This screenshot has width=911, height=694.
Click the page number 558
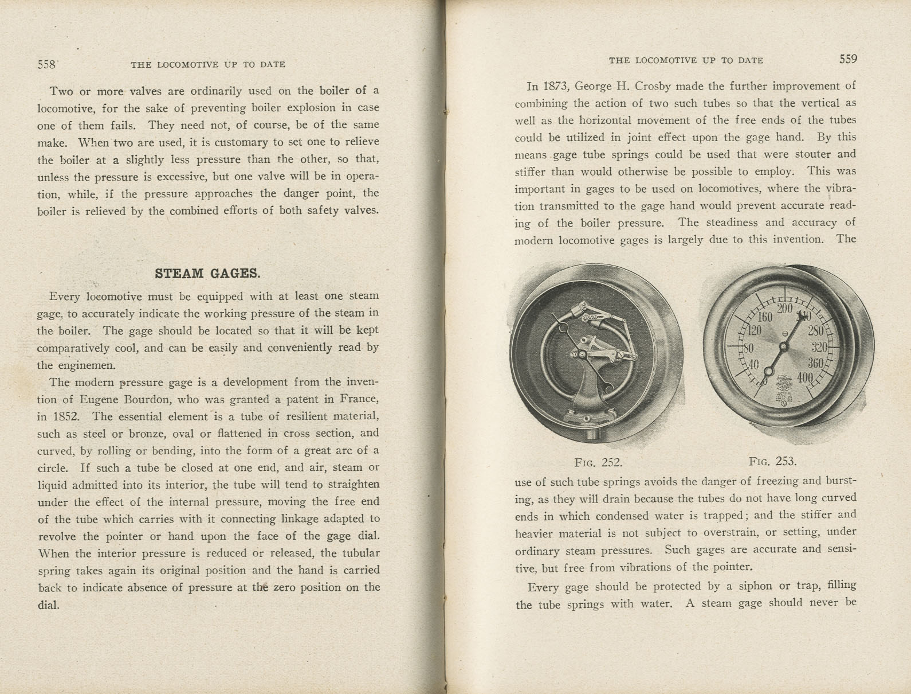46,65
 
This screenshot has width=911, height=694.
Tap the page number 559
848,59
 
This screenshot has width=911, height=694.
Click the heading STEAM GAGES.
207,273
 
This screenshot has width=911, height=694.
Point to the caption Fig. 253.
772,461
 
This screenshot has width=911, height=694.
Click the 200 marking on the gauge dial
784,309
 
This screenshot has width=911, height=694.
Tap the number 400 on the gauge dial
804,377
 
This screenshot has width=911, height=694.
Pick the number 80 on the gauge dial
747,348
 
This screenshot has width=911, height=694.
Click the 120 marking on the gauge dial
752,330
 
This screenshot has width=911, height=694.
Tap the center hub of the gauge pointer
783,346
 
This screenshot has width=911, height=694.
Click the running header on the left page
208,65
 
